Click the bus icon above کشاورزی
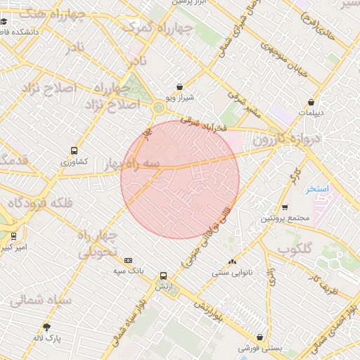[75, 150]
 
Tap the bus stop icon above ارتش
[163, 276]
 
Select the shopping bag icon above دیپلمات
[310, 102]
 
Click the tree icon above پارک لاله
[47, 327]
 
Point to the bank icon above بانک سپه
[127, 259]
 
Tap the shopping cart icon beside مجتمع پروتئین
[285, 207]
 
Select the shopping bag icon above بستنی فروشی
[260, 337]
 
